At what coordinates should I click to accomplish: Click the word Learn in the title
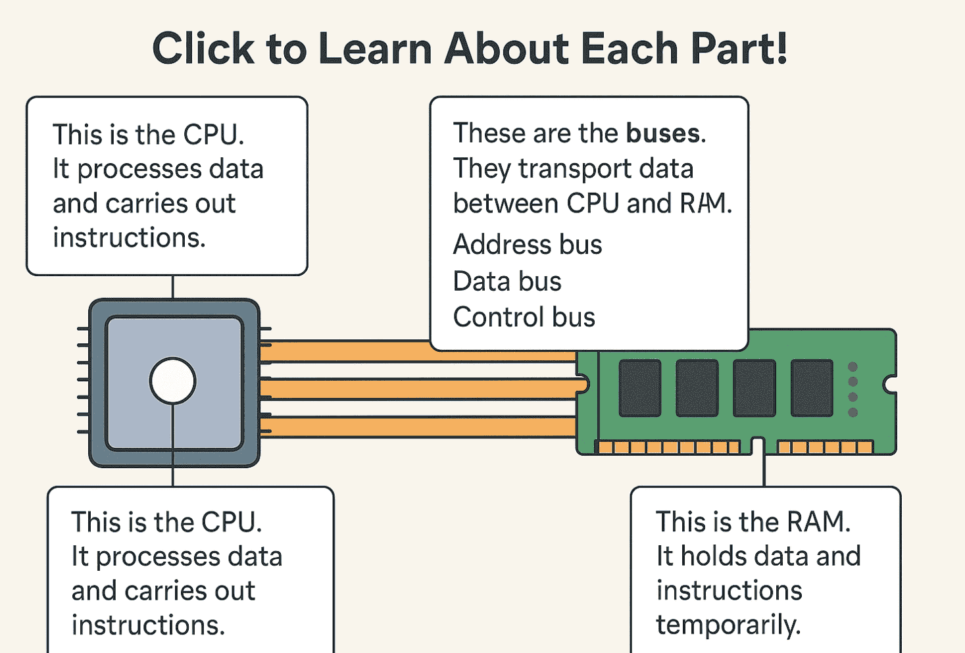pos(376,49)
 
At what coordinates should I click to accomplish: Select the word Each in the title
pos(630,49)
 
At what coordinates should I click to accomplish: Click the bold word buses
pos(663,133)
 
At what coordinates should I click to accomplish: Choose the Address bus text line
pos(528,245)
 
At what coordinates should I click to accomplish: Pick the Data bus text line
pos(507,281)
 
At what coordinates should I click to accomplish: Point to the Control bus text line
pos(524,318)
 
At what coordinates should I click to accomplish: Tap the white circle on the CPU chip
pos(172,381)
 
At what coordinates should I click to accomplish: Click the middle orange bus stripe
pos(421,389)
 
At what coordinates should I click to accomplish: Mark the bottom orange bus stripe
pos(421,427)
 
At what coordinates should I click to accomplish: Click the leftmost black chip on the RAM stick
pos(639,388)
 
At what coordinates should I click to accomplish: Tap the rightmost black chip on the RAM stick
pos(812,388)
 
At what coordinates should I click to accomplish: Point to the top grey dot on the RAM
pos(853,366)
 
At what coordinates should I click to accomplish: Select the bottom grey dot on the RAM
pos(853,412)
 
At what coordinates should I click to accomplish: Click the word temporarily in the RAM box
pos(728,625)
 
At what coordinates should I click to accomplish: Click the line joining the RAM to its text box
pos(764,471)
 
